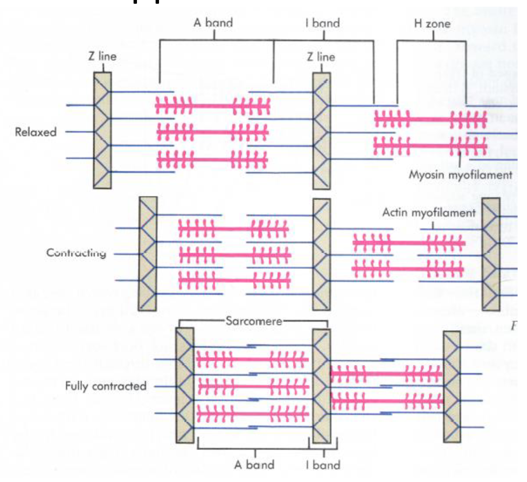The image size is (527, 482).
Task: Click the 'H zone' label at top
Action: (432, 24)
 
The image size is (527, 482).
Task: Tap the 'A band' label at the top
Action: (213, 23)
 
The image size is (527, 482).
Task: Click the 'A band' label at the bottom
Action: (254, 465)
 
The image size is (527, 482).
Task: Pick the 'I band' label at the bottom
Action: (323, 465)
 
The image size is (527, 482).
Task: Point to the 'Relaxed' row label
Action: (36, 132)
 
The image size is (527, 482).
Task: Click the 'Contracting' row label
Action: (76, 253)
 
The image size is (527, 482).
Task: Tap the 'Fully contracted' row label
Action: (106, 386)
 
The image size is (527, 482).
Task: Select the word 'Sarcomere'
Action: (254, 321)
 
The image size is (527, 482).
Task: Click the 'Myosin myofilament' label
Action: (460, 175)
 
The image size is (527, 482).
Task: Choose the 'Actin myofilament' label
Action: (429, 213)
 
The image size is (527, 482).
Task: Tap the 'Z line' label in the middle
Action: (321, 57)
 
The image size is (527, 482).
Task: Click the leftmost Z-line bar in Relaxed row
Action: (102, 130)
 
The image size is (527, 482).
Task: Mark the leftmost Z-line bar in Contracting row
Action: (147, 254)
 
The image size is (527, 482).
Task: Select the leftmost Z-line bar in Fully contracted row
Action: (185, 386)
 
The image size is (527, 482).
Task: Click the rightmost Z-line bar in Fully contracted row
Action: (451, 386)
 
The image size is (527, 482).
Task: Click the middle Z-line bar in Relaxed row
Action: (321, 131)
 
